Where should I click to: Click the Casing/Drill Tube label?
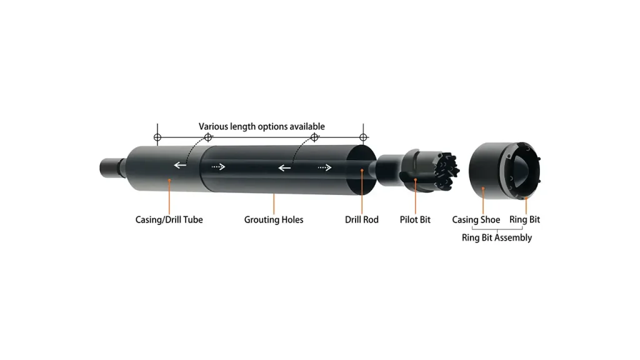point(169,220)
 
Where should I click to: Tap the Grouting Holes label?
point(273,220)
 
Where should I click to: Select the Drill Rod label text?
point(361,220)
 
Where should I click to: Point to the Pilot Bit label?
point(415,220)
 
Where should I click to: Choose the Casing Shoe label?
point(476,220)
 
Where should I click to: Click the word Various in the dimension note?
point(213,127)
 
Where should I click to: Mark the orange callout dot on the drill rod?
point(362,169)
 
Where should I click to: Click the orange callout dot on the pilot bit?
point(416,181)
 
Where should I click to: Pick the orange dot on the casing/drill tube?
point(169,180)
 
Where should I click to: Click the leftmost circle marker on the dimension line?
point(157,137)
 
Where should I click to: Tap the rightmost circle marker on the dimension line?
point(362,137)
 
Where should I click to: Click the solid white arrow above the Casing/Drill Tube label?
point(180,166)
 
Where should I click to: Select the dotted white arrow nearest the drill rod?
point(324,167)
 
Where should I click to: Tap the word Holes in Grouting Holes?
point(291,220)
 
